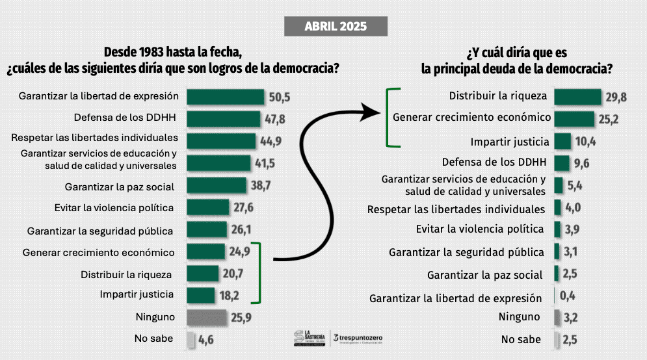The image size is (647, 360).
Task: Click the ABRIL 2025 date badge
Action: coord(336,27)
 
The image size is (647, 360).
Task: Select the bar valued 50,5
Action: coord(226,97)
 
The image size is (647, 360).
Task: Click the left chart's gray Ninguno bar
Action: coord(207,318)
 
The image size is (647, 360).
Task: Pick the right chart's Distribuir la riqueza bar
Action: coord(577,97)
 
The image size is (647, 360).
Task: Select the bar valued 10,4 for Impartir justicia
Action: coord(562,141)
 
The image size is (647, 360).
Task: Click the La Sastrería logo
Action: coord(308,337)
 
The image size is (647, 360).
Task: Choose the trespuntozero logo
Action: coord(359,338)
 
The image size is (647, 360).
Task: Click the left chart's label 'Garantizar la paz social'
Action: coord(120,186)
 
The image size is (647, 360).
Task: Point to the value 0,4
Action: coord(568,296)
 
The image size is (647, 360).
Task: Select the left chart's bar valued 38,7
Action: coord(217,185)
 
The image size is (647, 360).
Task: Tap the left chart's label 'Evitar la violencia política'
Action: coord(114,208)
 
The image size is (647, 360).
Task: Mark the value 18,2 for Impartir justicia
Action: coord(229,296)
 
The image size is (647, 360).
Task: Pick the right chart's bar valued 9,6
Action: coord(562,163)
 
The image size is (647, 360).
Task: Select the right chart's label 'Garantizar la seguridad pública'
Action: coord(466,252)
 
